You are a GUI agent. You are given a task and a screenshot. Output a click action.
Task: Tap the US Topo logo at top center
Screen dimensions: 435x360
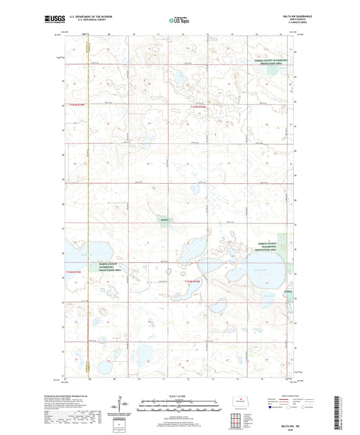click(180, 20)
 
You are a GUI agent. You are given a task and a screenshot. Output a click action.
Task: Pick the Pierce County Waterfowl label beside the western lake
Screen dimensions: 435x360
click(111, 267)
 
